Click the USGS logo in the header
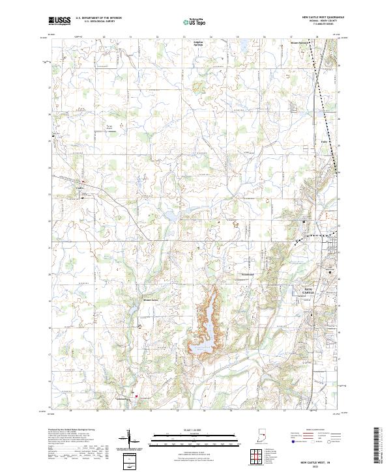60,21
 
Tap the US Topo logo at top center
195,21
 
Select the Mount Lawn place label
151,300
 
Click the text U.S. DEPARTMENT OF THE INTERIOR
98,18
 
